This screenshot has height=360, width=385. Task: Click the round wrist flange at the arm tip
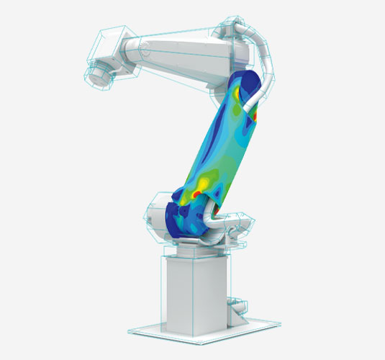[97, 73]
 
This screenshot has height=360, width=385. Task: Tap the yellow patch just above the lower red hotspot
[204, 184]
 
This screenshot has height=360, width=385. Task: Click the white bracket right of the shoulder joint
[234, 223]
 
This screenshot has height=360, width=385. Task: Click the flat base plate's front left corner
[131, 332]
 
